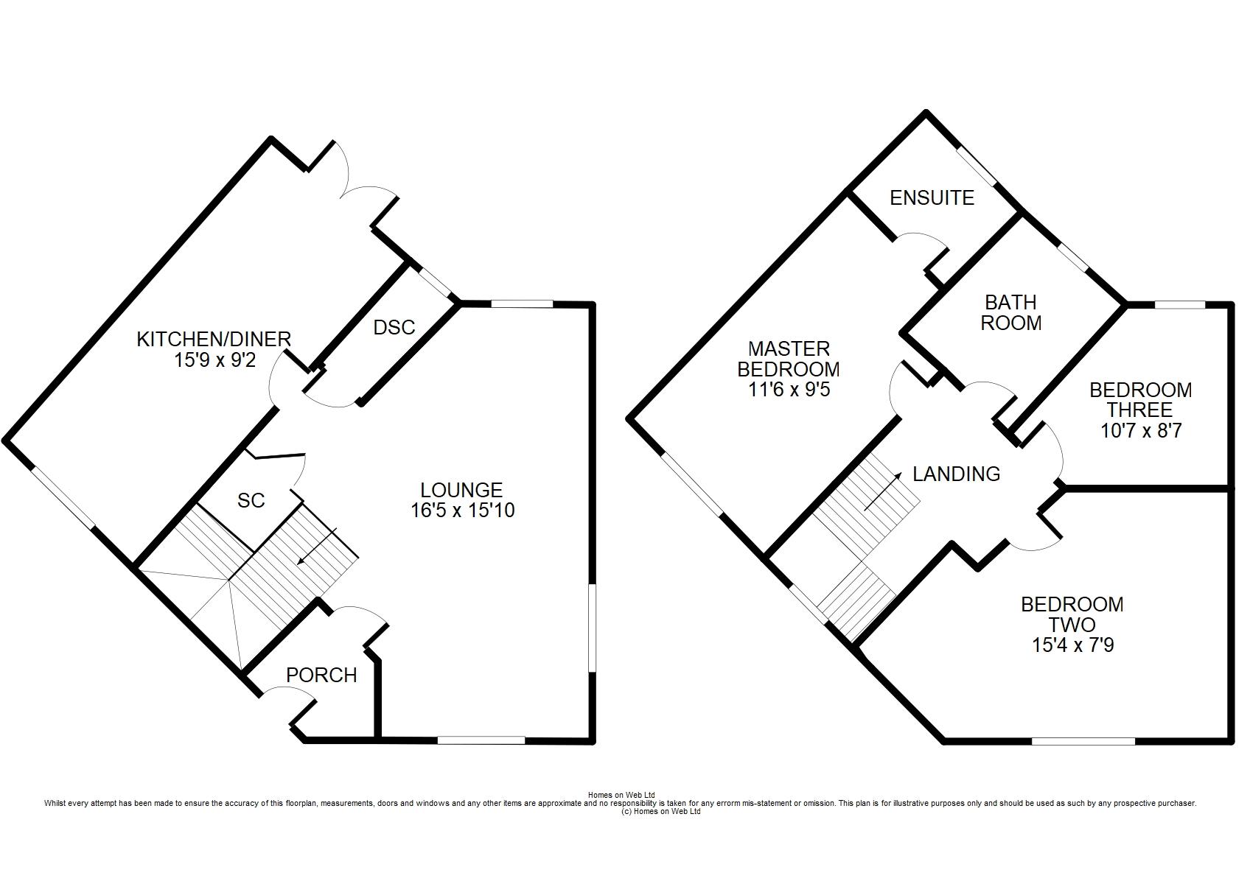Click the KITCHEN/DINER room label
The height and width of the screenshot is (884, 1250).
(214, 339)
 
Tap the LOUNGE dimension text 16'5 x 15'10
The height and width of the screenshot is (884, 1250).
(463, 511)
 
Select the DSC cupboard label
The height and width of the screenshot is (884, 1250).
(394, 327)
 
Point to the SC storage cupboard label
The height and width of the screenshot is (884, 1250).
(251, 500)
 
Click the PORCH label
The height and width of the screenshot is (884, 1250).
(321, 676)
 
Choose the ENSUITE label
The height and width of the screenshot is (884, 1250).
(932, 198)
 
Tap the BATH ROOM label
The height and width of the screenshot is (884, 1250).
(1010, 312)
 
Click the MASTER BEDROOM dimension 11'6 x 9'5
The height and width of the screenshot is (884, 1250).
(789, 389)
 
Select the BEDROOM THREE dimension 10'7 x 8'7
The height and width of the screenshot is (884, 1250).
(1141, 430)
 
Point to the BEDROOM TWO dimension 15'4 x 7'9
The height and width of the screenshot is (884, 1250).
(1072, 645)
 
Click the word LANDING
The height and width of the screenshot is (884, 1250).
(957, 474)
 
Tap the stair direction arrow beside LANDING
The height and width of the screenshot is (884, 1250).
(883, 491)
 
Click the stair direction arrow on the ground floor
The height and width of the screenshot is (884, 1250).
(317, 547)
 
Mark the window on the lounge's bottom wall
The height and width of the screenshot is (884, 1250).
(481, 740)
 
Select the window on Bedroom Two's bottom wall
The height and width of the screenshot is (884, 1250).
(1083, 741)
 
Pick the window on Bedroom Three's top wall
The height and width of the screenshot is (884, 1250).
(1180, 304)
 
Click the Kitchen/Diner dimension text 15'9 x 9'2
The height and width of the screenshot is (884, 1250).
(215, 360)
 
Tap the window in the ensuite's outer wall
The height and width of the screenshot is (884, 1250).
(977, 165)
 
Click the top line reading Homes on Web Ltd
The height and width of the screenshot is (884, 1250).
(621, 796)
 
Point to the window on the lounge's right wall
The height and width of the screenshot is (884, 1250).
(592, 628)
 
